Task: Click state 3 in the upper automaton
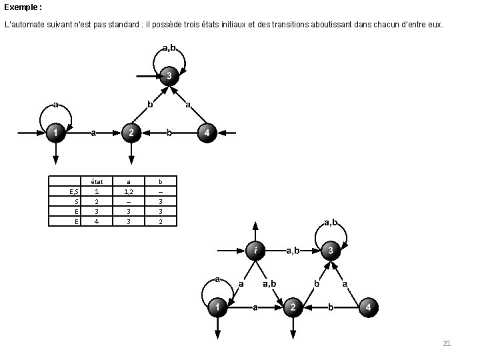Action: [169, 77]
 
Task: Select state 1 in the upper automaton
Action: [56, 133]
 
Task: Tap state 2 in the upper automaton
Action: [131, 133]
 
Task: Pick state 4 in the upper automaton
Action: [207, 133]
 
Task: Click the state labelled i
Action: [255, 251]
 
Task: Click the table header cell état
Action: [96, 181]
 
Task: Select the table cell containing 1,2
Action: [129, 191]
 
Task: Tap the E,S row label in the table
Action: [74, 191]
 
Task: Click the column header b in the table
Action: [159, 181]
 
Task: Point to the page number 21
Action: [447, 343]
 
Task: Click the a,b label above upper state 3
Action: [169, 47]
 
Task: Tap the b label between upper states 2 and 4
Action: [169, 133]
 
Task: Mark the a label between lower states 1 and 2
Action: [254, 307]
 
